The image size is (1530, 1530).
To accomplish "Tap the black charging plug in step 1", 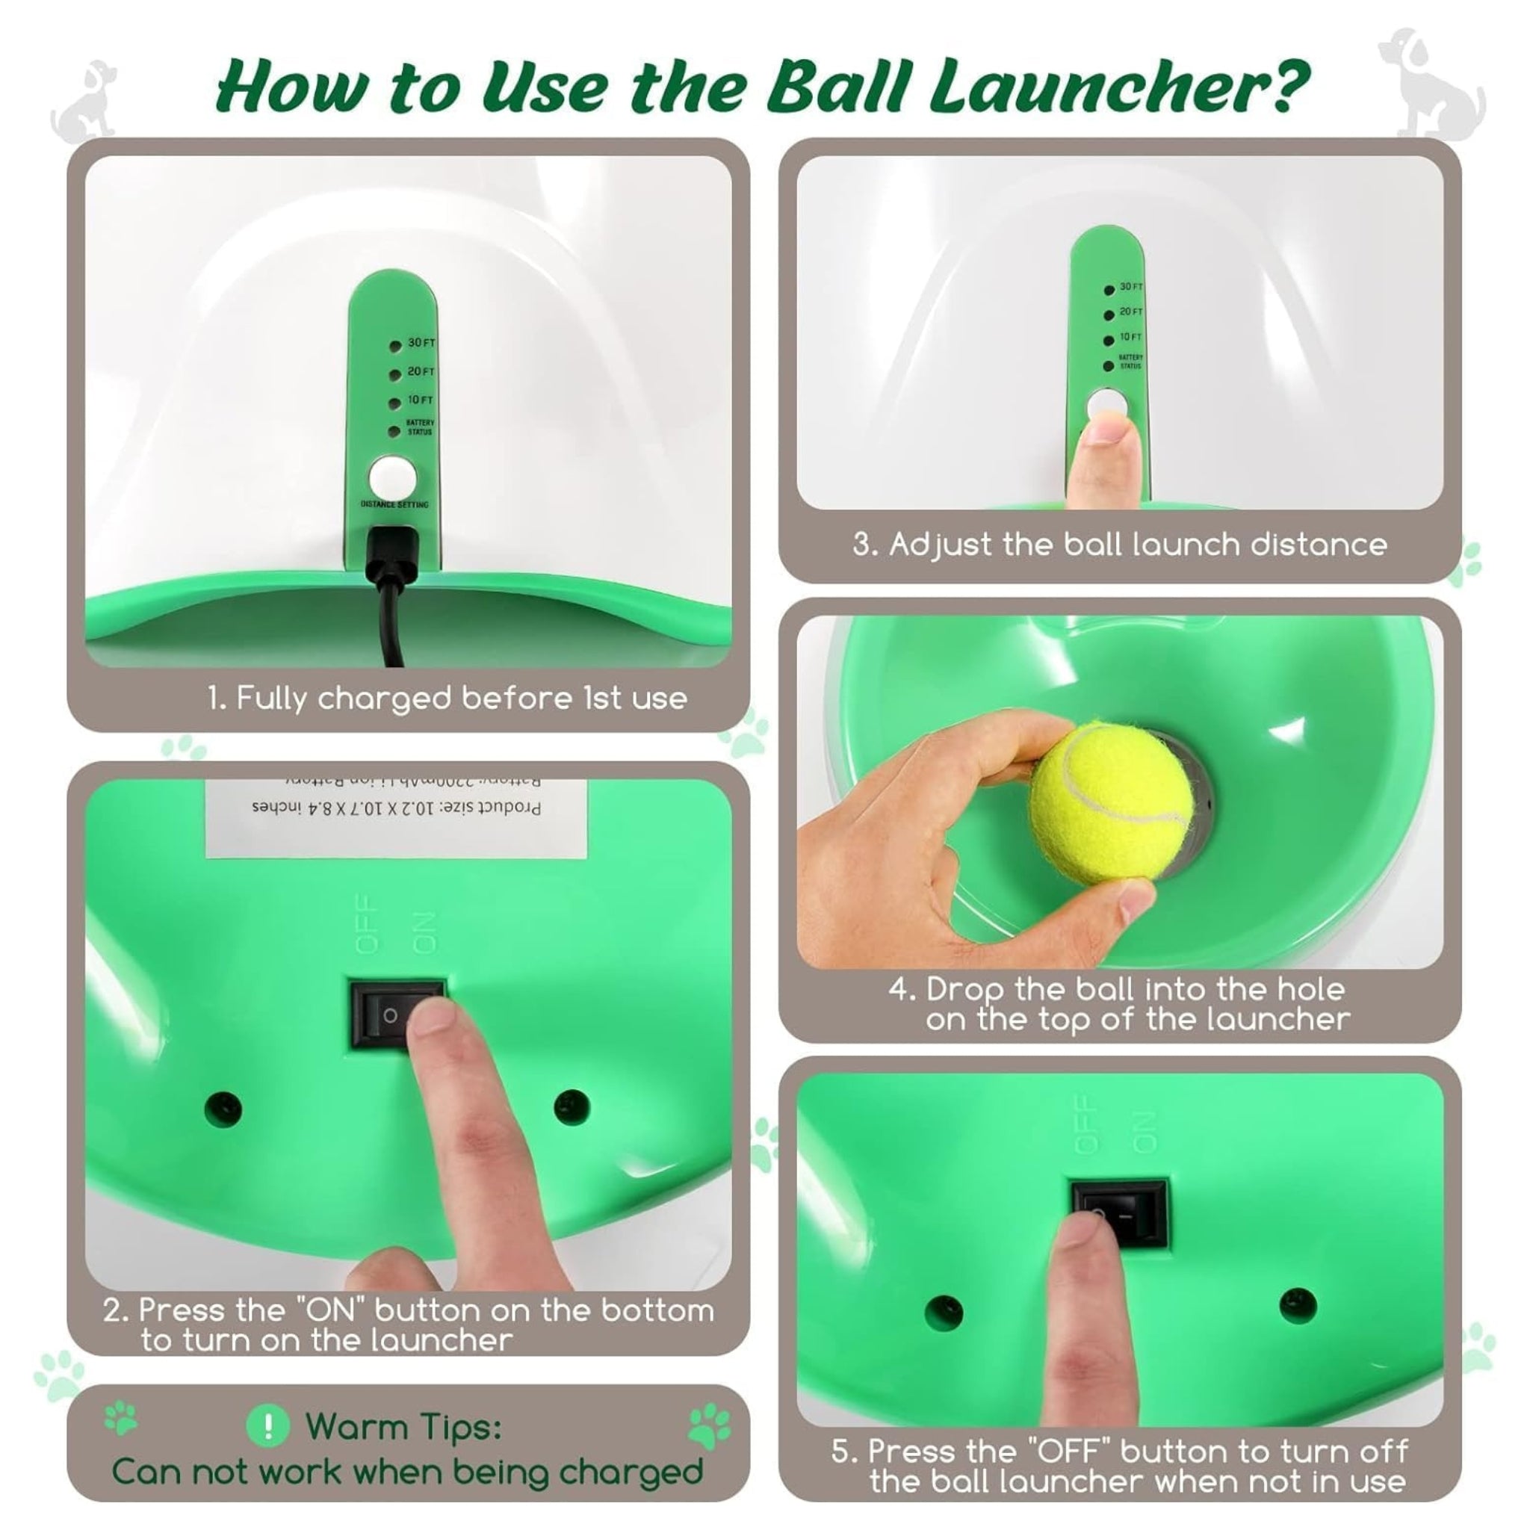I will click(x=391, y=555).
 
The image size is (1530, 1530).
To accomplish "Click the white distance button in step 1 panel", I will click(x=392, y=477).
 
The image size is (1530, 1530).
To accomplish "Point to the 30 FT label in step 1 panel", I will click(x=421, y=343).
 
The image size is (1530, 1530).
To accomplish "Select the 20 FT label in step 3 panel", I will click(x=1131, y=312).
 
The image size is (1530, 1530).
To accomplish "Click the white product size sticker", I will click(x=396, y=817).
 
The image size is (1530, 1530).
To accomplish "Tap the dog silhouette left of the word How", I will click(x=87, y=103).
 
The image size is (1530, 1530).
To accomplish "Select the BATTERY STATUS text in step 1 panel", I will click(x=420, y=427).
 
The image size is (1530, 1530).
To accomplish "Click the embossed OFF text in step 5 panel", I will click(x=1086, y=1124).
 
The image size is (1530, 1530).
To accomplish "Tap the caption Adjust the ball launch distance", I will click(x=1119, y=545).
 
